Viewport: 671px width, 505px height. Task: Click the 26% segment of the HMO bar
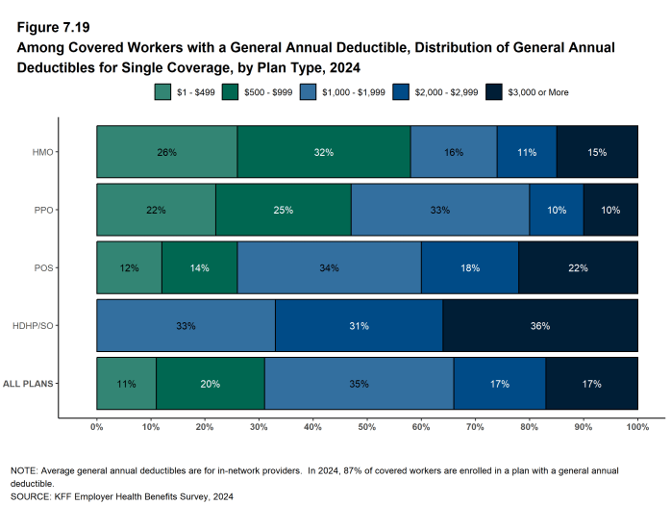pos(166,152)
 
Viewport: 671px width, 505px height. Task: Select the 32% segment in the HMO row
pos(323,152)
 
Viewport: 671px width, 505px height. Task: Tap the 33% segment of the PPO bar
pos(439,210)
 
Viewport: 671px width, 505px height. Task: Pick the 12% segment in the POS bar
pos(129,267)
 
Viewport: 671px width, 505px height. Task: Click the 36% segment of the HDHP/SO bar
pos(540,326)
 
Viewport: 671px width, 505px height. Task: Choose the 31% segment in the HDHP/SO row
pos(359,326)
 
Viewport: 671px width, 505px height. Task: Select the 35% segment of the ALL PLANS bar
pos(359,384)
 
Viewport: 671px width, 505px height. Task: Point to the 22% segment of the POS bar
pos(578,267)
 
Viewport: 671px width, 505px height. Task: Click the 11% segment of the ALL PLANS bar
pos(126,384)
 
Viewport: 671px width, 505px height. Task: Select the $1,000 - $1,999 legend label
pos(347,92)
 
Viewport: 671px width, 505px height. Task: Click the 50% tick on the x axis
pos(367,425)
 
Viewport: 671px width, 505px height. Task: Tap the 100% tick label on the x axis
pos(637,425)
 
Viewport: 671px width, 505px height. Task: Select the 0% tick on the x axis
pos(96,425)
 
